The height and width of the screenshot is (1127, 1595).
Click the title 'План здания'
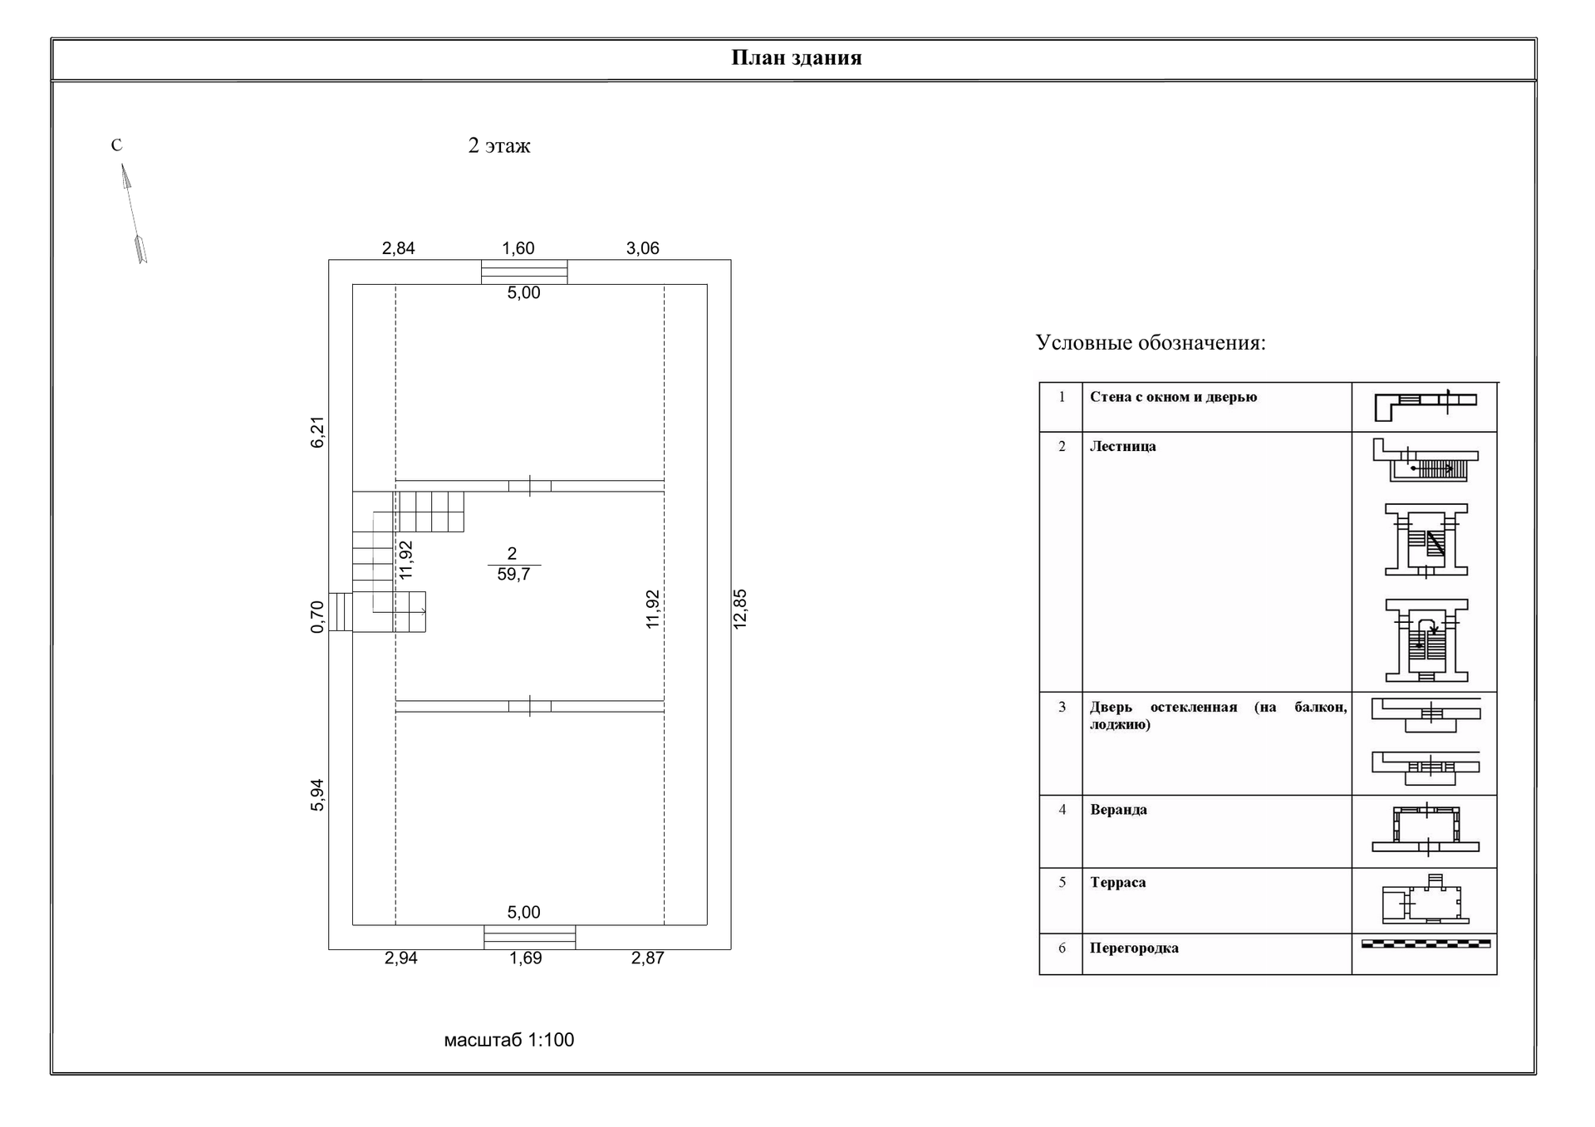coord(796,58)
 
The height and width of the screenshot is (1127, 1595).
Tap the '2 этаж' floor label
coord(499,146)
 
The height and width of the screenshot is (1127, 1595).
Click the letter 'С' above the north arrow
coord(116,145)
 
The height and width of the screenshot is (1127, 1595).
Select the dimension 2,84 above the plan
coord(398,248)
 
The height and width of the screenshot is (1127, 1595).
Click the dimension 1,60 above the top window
coord(518,248)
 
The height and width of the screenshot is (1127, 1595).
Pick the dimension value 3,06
coord(642,248)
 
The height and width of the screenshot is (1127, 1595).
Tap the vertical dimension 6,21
coord(317,432)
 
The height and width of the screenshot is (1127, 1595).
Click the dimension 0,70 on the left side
coord(317,616)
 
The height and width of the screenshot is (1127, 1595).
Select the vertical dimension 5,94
coord(317,795)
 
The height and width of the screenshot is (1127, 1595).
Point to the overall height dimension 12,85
coord(740,609)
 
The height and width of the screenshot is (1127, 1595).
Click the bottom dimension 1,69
coord(525,958)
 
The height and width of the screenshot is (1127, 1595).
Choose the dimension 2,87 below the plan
coord(647,958)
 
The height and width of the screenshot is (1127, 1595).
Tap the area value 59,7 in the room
coord(513,575)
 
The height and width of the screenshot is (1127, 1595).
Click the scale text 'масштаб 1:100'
coord(508,1040)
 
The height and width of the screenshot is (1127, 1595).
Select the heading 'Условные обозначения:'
coord(1151,343)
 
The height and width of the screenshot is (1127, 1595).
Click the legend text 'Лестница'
coord(1122,447)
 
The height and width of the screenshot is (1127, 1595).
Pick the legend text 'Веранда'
coord(1118,810)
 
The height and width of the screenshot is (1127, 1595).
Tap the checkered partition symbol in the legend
coord(1426,943)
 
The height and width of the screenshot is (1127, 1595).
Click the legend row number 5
coord(1062,882)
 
